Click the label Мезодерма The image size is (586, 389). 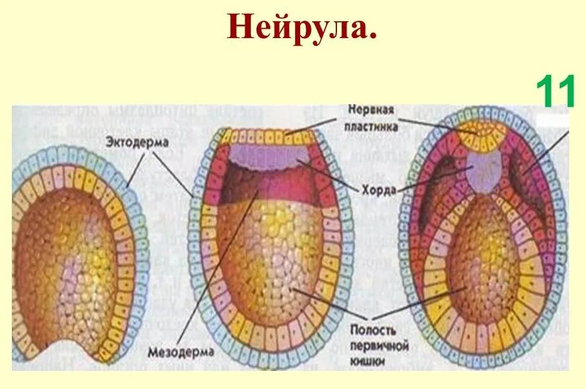click(x=180, y=352)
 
